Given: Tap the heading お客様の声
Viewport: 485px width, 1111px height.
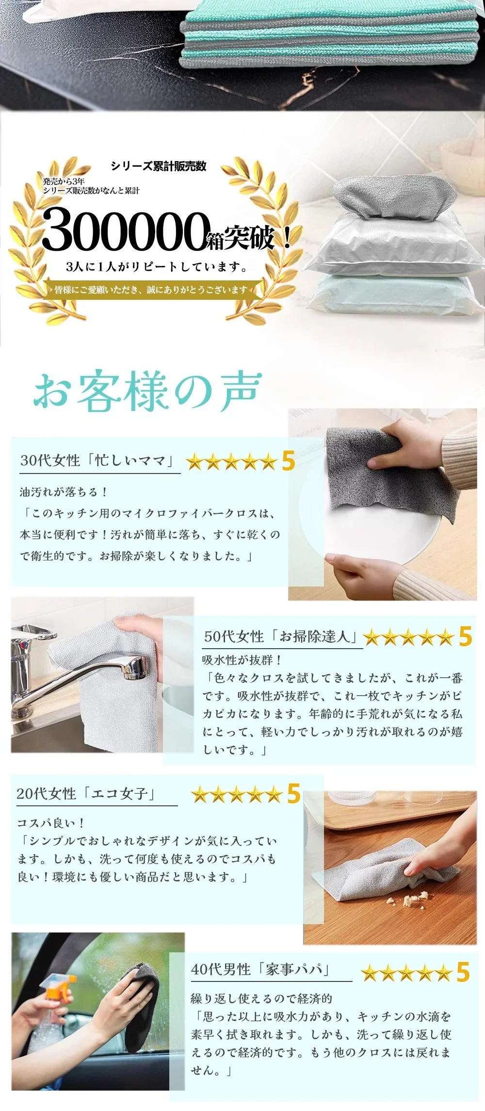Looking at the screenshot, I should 148,391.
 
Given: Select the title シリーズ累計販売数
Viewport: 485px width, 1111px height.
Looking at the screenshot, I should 159,166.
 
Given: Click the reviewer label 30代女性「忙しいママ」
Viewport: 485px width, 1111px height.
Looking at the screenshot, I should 97,460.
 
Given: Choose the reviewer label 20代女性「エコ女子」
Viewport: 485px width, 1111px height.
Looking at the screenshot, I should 86,794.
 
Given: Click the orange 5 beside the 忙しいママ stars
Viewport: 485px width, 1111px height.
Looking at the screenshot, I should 288,461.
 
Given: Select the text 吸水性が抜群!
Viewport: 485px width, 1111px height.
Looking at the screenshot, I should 242,660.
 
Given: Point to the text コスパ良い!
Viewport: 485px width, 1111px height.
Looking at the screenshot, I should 51,823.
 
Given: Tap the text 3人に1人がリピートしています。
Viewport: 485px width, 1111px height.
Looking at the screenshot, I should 157,266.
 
